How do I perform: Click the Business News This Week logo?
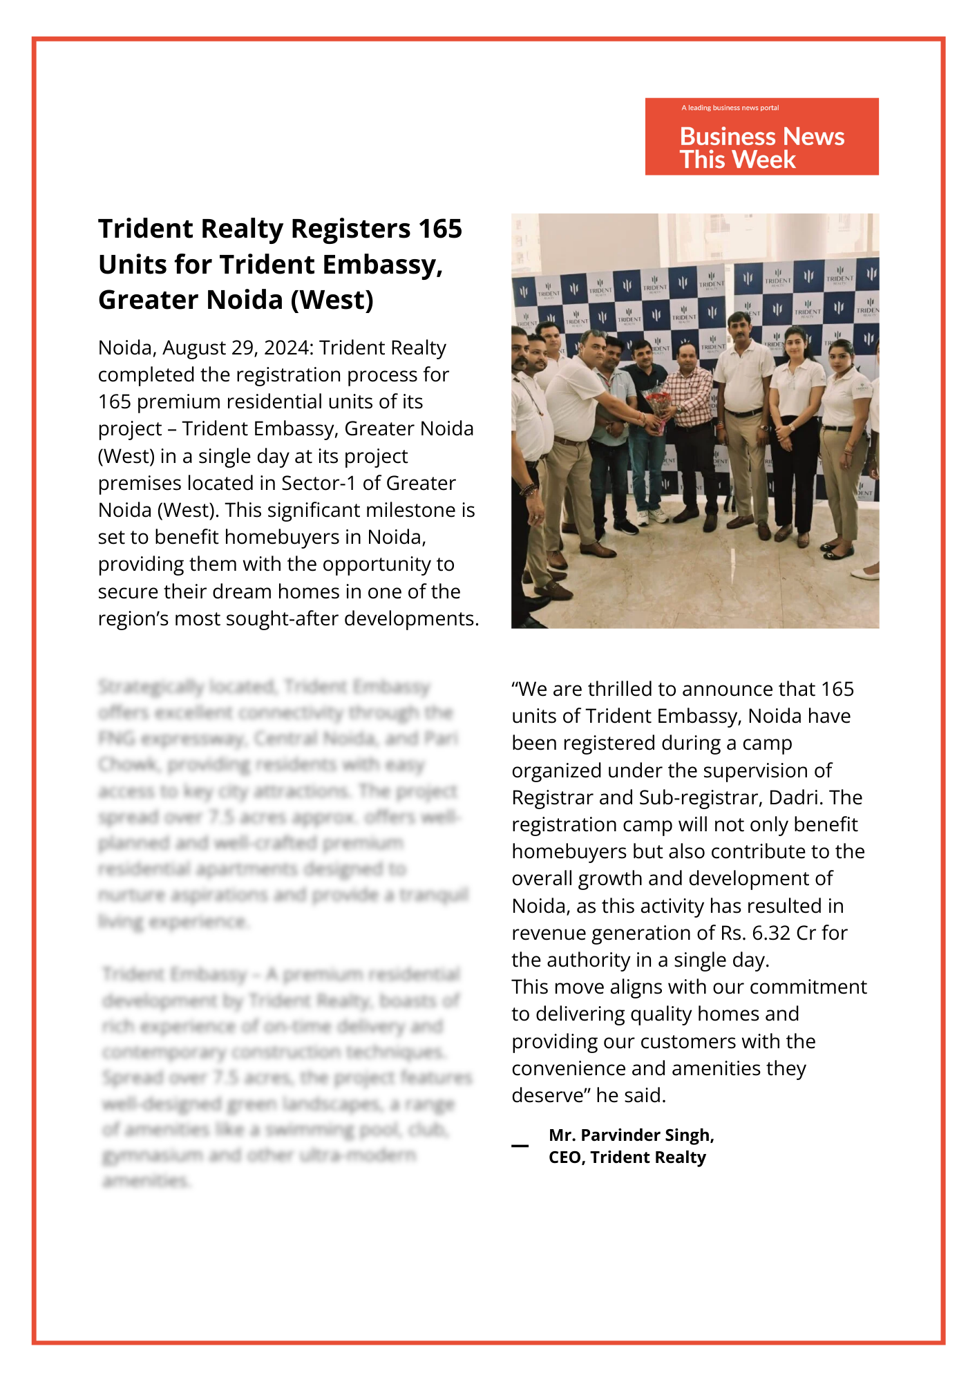[761, 137]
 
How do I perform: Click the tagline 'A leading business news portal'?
[730, 108]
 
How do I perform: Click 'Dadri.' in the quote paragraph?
[796, 797]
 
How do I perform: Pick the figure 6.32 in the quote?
[770, 933]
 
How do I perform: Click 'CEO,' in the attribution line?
[567, 1157]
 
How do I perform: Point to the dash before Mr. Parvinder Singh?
[520, 1146]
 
